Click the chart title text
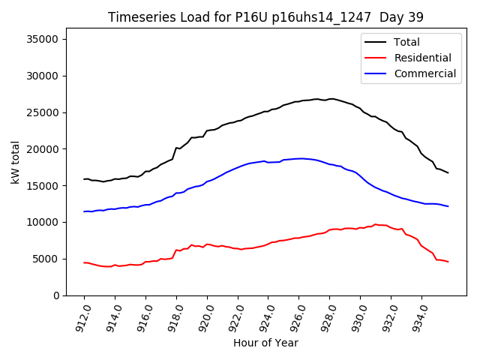point(265,17)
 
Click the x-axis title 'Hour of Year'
point(265,343)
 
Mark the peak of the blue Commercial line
point(300,158)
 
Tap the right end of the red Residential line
point(448,262)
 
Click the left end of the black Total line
point(84,179)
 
